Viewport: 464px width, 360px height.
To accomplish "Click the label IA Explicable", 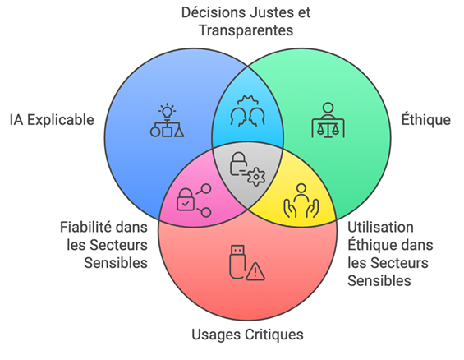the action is click(x=52, y=120).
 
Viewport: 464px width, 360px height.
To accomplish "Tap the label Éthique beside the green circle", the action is click(x=425, y=119).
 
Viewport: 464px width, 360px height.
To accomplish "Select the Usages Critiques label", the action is click(x=247, y=335).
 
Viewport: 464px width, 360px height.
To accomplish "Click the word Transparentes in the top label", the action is click(x=246, y=30).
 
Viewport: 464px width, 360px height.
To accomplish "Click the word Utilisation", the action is click(x=380, y=227).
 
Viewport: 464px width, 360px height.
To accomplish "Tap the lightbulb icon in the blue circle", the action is click(x=167, y=111).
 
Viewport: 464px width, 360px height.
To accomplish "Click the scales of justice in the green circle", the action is click(x=328, y=128).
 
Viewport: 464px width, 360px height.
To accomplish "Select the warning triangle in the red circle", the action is click(x=255, y=271).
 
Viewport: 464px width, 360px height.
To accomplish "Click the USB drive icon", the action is click(x=237, y=261).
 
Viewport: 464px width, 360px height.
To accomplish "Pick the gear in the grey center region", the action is click(x=256, y=177).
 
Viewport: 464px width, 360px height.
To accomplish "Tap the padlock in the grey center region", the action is click(x=238, y=164).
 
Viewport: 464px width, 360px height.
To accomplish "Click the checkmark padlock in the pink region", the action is click(x=186, y=200).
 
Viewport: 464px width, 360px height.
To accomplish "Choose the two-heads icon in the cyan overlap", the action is click(x=247, y=111).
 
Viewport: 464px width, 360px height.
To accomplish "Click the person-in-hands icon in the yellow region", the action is click(x=301, y=201).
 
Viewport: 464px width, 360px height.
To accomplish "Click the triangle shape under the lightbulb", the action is click(x=179, y=132).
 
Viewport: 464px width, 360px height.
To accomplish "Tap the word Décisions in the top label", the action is click(x=214, y=12).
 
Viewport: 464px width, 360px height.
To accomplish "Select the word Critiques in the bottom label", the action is click(x=274, y=335).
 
